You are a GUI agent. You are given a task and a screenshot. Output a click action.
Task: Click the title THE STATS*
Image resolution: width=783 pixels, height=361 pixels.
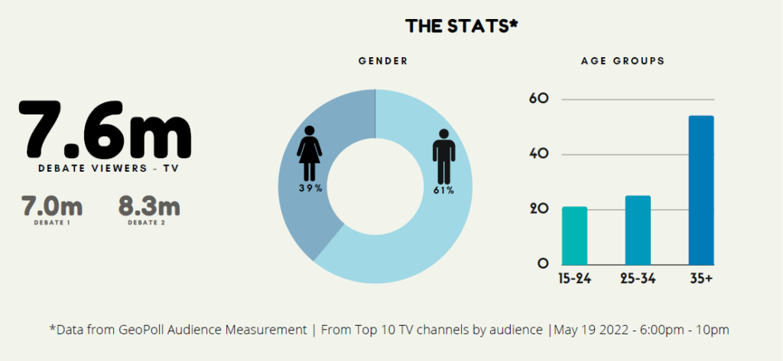pyautogui.click(x=462, y=26)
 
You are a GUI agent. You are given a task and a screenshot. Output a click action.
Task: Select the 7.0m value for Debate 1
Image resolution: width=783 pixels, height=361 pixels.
pyautogui.click(x=52, y=206)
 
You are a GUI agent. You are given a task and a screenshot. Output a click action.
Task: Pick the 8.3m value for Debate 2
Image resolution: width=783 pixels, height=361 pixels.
pyautogui.click(x=149, y=206)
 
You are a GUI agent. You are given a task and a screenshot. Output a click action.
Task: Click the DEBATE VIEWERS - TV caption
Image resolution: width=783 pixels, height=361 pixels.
pyautogui.click(x=104, y=168)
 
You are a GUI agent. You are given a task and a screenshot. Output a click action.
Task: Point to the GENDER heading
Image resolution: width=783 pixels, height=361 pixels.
pyautogui.click(x=383, y=61)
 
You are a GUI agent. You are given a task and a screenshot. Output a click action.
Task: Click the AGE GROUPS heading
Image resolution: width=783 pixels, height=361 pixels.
pyautogui.click(x=622, y=61)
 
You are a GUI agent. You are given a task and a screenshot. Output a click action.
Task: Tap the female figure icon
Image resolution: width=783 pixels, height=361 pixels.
pyautogui.click(x=310, y=152)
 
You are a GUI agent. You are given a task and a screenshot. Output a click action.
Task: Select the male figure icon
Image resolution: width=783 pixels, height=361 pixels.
pyautogui.click(x=443, y=156)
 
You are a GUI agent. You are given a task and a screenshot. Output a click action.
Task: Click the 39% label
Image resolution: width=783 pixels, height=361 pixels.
pyautogui.click(x=310, y=188)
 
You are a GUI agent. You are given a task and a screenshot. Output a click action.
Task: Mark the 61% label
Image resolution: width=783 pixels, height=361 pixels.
pyautogui.click(x=443, y=190)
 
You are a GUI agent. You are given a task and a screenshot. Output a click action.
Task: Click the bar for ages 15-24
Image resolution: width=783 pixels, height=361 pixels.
pyautogui.click(x=574, y=236)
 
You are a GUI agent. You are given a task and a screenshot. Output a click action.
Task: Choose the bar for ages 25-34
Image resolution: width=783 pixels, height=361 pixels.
pyautogui.click(x=638, y=230)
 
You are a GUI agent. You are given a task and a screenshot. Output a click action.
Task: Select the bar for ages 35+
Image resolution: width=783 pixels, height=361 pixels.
pyautogui.click(x=700, y=190)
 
